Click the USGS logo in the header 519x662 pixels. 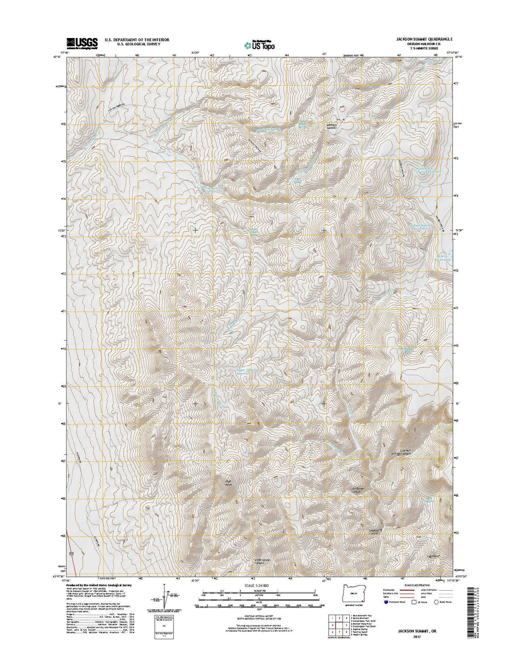pos(82,42)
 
